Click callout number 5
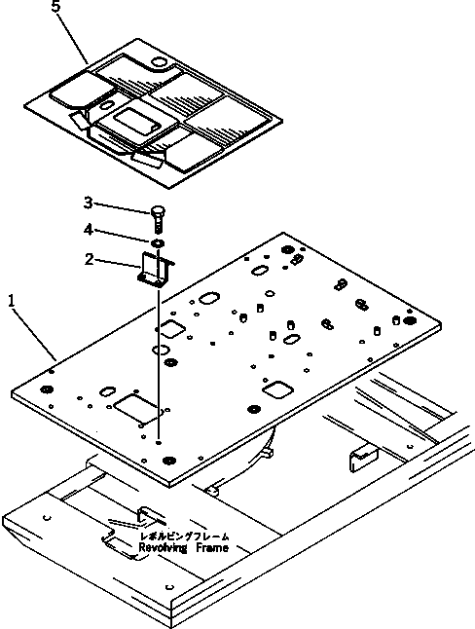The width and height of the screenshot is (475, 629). tap(56, 7)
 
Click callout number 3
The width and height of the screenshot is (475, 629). tap(89, 203)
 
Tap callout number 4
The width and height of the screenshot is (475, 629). tap(89, 230)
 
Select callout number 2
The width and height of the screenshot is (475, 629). tap(90, 259)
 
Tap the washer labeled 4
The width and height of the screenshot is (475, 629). tap(158, 242)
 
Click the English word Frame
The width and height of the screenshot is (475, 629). tap(212, 548)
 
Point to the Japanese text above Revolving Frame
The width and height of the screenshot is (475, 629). tap(185, 536)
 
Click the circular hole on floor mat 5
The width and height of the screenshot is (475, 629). tap(160, 63)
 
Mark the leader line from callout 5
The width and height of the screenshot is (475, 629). tap(73, 37)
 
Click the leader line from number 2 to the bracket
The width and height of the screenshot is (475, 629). tap(118, 264)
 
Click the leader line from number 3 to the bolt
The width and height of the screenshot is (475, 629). tap(123, 207)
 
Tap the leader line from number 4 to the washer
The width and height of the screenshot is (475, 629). tap(123, 236)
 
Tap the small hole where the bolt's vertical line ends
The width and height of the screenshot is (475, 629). tap(159, 442)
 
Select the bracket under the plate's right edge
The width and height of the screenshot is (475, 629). tap(364, 457)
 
